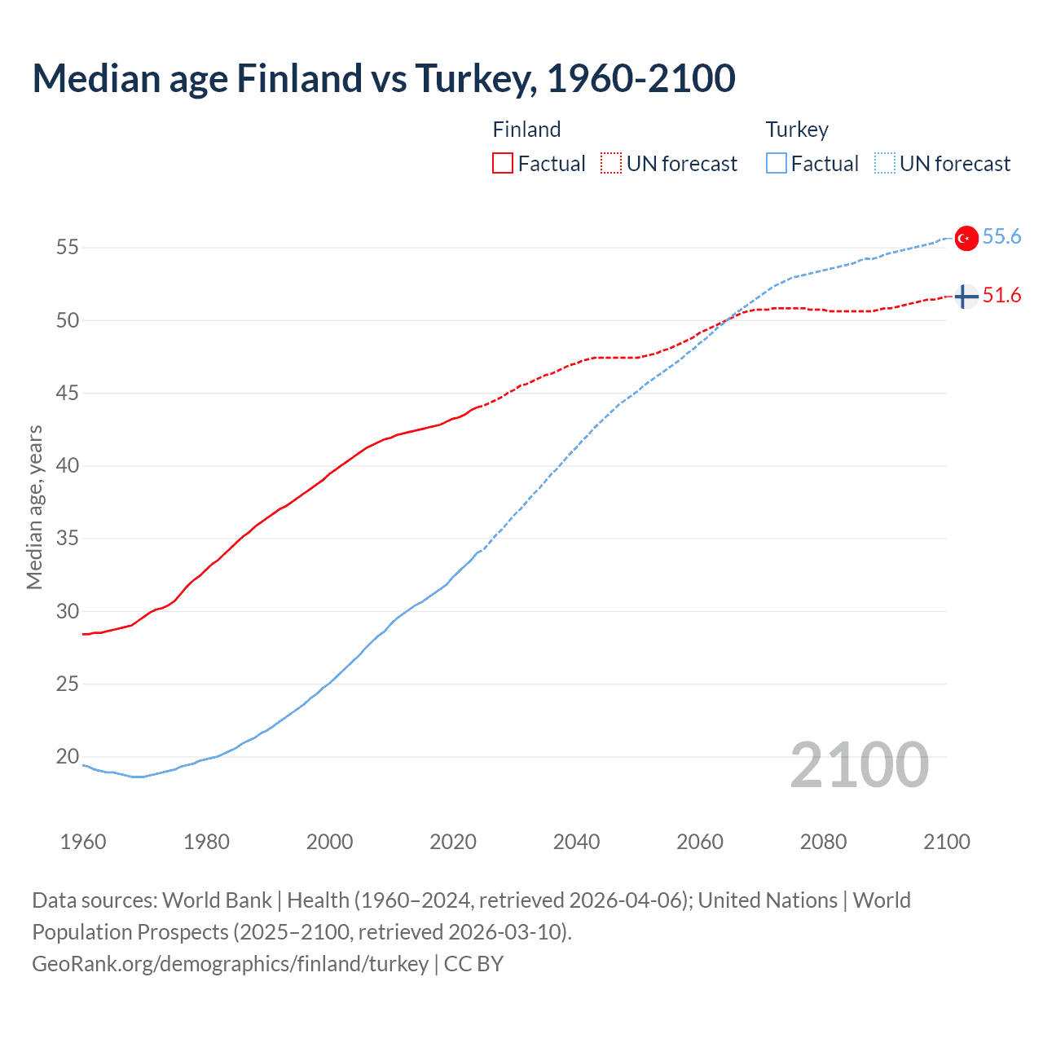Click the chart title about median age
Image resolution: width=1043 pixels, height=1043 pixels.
[x=384, y=78]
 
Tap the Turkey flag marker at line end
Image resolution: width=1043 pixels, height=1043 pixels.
[x=966, y=237]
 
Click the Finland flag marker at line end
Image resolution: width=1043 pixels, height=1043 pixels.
[x=966, y=297]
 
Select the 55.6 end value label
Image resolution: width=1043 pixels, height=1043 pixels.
[x=1001, y=236]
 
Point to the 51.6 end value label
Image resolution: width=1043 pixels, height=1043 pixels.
[x=1001, y=295]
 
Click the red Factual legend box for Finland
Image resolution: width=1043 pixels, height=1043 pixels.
[x=503, y=164]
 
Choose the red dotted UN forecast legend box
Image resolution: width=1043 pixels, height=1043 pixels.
[x=611, y=164]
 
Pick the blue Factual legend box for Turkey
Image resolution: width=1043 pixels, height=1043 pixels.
[x=777, y=164]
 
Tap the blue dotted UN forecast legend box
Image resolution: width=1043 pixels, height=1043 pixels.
[x=885, y=164]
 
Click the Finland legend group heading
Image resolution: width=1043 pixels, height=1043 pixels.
[x=526, y=130]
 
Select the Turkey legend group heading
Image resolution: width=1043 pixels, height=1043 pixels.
[x=797, y=130]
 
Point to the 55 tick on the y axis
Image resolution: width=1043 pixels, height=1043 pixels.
[x=67, y=247]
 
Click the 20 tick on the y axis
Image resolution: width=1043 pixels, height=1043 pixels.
[x=67, y=756]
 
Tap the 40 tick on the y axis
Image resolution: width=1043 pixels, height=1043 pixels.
[x=67, y=465]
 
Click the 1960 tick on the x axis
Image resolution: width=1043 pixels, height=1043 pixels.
[x=83, y=842]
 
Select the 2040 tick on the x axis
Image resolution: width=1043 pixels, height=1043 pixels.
[x=576, y=842]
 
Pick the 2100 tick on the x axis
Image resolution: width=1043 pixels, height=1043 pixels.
[x=946, y=842]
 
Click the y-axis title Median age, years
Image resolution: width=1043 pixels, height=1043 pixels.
[x=34, y=507]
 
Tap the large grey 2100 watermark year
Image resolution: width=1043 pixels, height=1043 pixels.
[x=859, y=764]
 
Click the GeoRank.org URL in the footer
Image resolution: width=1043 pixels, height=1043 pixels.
[x=230, y=964]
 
